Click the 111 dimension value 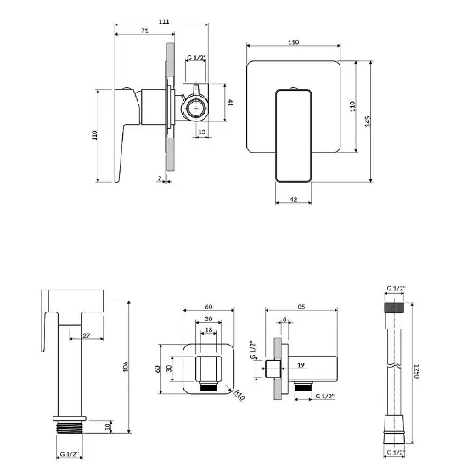164,21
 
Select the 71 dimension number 144,31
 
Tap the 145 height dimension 367,121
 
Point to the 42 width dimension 294,200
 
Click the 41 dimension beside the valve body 230,103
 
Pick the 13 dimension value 201,132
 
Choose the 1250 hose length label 417,371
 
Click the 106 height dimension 126,366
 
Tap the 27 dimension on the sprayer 87,335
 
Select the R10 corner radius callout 239,395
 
